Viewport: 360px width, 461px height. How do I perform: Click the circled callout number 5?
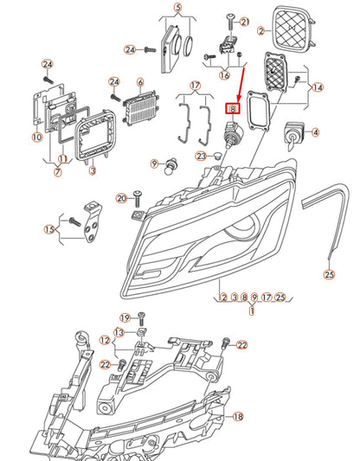[177, 9]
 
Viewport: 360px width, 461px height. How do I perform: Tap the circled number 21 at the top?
[244, 22]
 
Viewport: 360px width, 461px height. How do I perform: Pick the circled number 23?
[201, 156]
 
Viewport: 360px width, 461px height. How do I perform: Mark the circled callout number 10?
[36, 137]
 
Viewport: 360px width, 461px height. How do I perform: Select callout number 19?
[125, 317]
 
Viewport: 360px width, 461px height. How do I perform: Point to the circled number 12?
[104, 340]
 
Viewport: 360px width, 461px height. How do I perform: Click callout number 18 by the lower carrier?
[238, 415]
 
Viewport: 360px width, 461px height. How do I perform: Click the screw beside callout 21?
[229, 18]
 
